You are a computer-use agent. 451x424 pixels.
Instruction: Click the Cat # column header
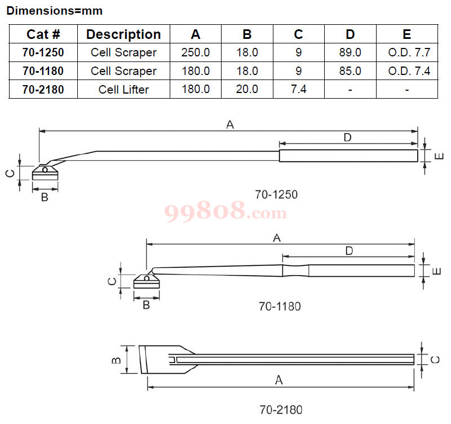pos(43,34)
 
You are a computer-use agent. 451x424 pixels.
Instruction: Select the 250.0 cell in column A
pos(196,52)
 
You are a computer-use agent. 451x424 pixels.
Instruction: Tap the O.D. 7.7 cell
pos(409,52)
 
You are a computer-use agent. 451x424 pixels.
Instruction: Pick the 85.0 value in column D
pos(350,71)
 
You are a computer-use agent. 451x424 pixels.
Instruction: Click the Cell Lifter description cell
pos(123,90)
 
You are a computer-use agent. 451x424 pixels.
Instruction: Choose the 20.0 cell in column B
pos(247,89)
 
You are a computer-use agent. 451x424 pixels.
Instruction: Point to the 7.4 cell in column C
pos(299,89)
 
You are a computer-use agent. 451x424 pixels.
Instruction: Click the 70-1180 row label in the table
pos(43,71)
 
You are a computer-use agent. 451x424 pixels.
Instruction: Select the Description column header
pos(123,34)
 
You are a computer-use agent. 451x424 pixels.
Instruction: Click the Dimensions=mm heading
pos(55,11)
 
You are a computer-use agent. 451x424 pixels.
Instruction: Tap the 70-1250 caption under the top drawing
pos(276,195)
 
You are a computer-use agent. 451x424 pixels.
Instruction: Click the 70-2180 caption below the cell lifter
pos(281,410)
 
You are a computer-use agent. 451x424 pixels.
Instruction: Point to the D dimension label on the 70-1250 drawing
pos(347,138)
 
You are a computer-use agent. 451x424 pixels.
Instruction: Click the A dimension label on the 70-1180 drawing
pos(277,238)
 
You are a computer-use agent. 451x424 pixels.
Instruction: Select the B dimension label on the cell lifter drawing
pos(116,360)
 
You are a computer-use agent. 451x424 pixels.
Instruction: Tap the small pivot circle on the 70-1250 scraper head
pos(45,170)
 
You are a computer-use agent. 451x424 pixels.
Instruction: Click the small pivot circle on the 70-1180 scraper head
pos(147,279)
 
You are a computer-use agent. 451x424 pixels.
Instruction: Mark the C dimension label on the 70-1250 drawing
pos(10,173)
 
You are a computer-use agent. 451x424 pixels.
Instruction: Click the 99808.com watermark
pos(225,211)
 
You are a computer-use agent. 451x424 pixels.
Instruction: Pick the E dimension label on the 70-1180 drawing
pos(436,271)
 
